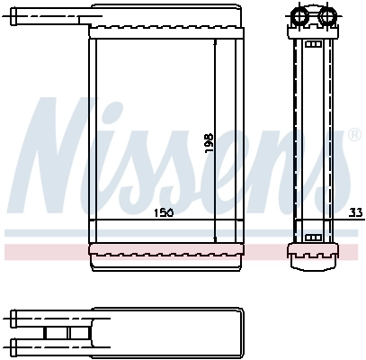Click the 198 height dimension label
(x=209, y=141)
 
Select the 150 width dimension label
(x=162, y=212)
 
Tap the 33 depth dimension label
(x=355, y=212)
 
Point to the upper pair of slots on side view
(x=315, y=44)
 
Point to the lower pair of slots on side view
(x=315, y=237)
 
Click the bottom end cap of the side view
(x=315, y=256)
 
